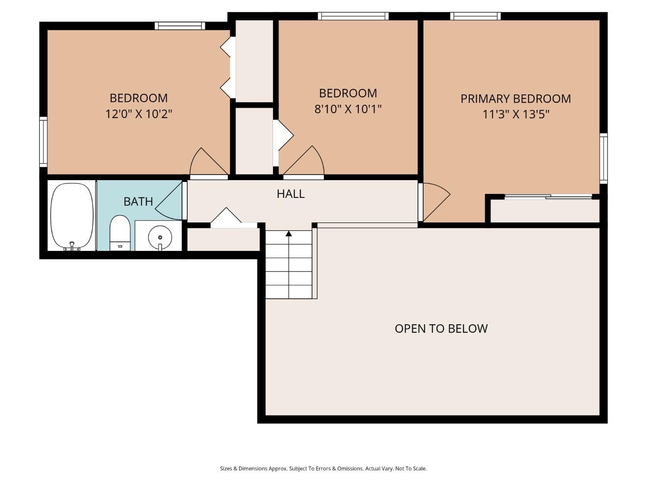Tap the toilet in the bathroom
(x=119, y=233)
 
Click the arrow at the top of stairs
(x=289, y=234)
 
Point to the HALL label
(x=290, y=194)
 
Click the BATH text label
(x=138, y=201)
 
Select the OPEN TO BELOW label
(x=441, y=329)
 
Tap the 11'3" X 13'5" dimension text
(x=515, y=115)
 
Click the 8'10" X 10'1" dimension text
(x=348, y=109)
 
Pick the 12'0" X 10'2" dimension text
(x=138, y=114)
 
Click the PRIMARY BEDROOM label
(x=515, y=99)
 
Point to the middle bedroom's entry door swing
(x=305, y=162)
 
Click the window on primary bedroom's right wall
(x=603, y=158)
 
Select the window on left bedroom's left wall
(x=43, y=141)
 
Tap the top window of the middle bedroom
(x=353, y=16)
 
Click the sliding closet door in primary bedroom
(x=548, y=197)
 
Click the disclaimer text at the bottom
(x=323, y=469)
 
